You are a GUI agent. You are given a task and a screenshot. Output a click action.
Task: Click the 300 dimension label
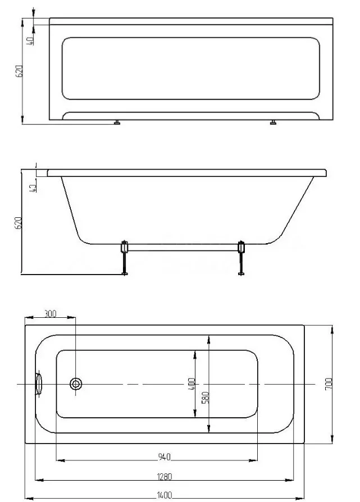[x=50, y=313]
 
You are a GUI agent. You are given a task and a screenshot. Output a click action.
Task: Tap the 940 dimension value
[x=165, y=457]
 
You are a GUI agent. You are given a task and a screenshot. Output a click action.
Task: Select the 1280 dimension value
[x=165, y=477]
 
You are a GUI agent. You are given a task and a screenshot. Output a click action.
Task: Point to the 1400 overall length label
[x=165, y=496]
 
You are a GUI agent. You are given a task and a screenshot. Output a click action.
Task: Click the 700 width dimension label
[x=329, y=384]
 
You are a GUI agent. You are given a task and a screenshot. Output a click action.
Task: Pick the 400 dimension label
[x=192, y=384]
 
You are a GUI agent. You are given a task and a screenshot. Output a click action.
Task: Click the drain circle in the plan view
[x=76, y=384]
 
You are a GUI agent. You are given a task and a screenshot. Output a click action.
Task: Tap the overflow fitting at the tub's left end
[x=39, y=384]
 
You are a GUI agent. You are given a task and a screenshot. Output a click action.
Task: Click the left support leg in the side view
[x=124, y=258]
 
